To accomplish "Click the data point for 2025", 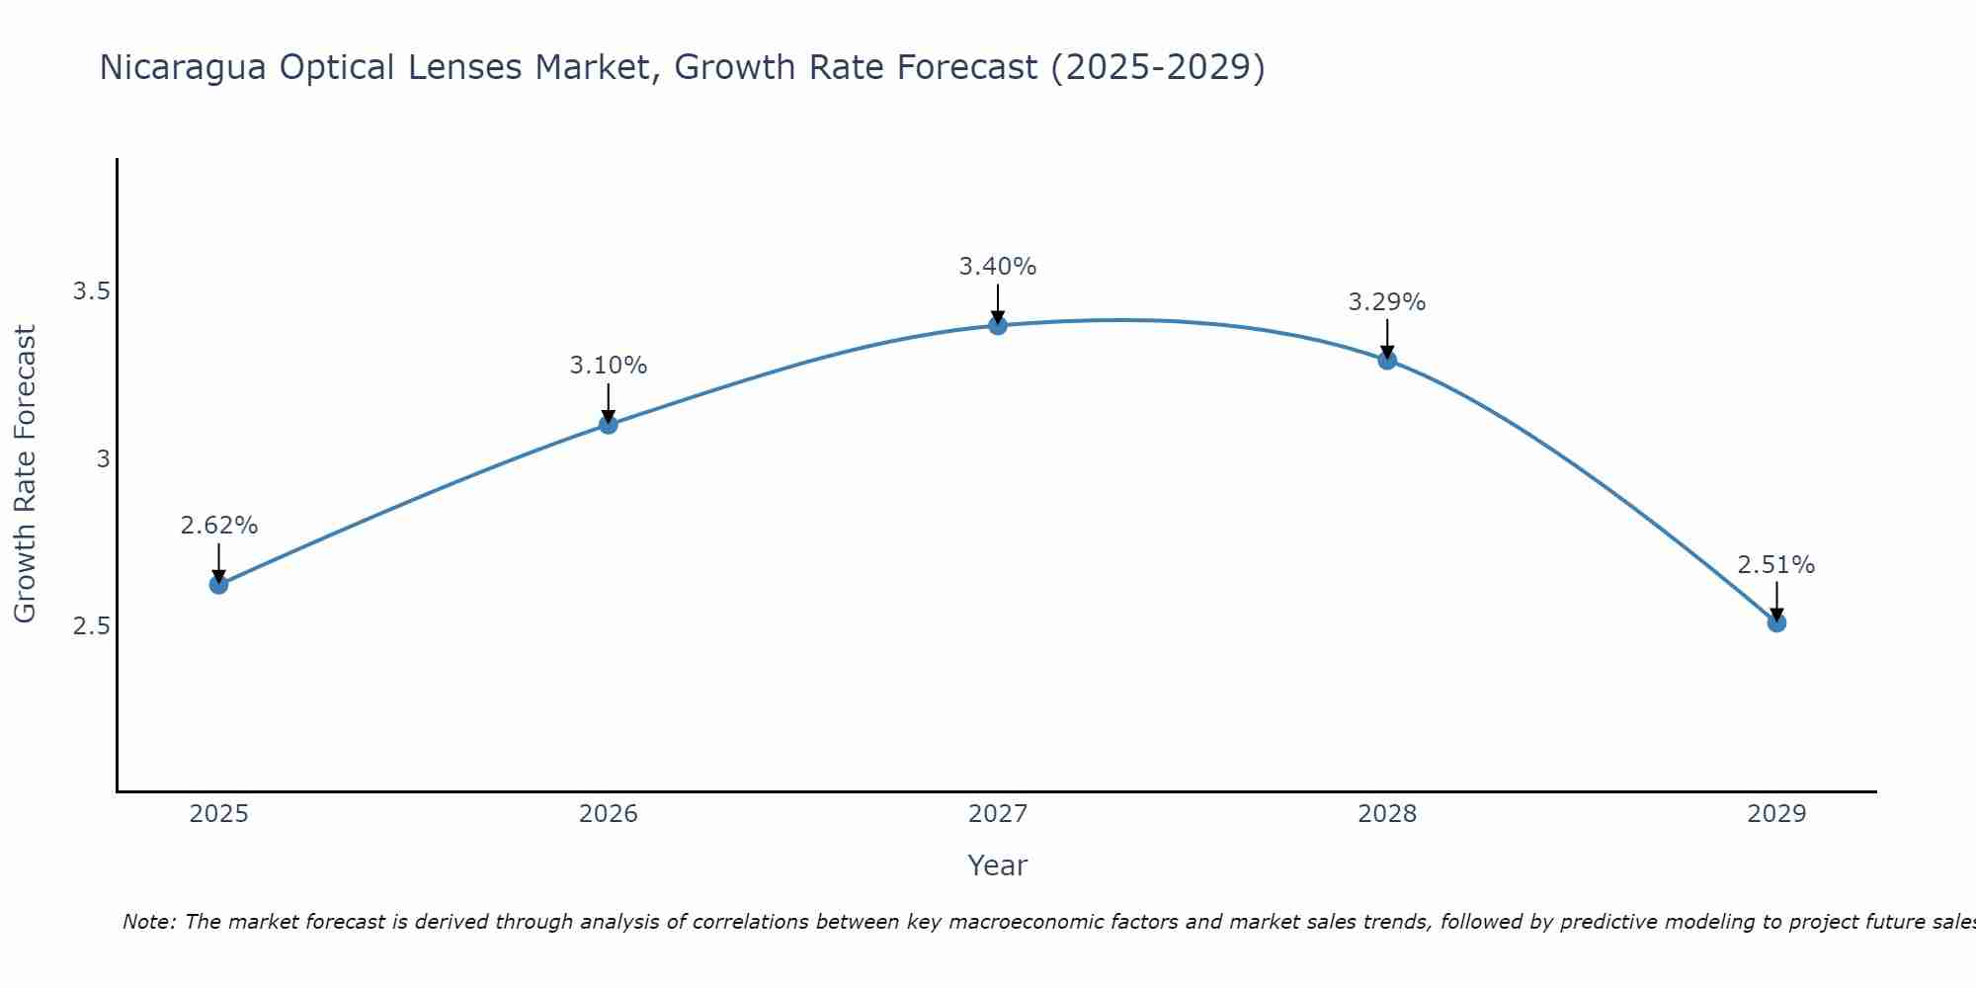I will tap(218, 584).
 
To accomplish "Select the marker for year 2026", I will tap(609, 424).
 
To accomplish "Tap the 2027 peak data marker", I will tap(998, 325).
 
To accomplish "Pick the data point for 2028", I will tap(1387, 360).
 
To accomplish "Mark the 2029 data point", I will tap(1776, 622).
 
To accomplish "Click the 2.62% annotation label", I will tap(218, 526).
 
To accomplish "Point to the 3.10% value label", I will tap(609, 366).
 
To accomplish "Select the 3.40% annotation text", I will tap(998, 267).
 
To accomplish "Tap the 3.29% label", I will tap(1387, 302).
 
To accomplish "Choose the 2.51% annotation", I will tap(1776, 565).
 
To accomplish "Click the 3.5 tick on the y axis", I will tap(91, 291).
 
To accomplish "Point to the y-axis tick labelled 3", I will tap(103, 458).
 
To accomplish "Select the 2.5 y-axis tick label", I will tap(91, 626).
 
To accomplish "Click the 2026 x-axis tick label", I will tap(609, 814).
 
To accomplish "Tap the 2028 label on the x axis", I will tap(1387, 814).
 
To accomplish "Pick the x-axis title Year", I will tap(998, 865).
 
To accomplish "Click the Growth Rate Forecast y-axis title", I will tap(25, 474).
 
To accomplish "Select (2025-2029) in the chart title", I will tap(1157, 68).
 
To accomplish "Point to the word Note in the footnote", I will tap(148, 922).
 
